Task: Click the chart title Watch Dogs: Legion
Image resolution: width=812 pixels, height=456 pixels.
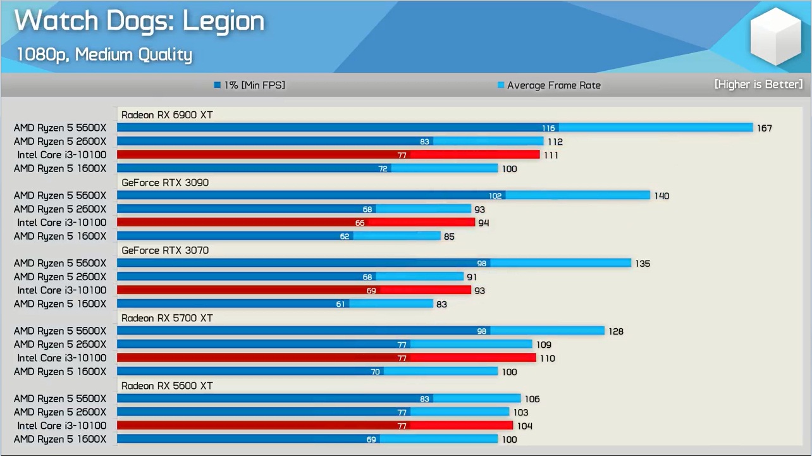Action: pos(139,22)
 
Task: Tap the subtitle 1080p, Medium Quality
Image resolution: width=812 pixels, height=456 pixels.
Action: pos(104,54)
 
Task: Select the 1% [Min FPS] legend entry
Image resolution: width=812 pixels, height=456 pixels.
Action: pos(250,85)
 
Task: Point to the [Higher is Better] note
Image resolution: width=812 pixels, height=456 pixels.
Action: pos(758,84)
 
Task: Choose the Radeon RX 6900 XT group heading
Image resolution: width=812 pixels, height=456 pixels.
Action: pos(167,114)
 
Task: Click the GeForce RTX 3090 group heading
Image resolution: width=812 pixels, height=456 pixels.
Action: pos(165,183)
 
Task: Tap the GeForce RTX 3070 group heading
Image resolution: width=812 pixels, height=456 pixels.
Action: pos(165,250)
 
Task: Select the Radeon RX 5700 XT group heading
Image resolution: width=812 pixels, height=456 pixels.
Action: pos(167,318)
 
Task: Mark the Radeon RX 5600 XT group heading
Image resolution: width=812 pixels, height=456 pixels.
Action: pos(167,386)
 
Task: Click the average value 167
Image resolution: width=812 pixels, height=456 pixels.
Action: pos(764,128)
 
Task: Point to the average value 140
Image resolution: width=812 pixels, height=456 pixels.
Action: pos(661,196)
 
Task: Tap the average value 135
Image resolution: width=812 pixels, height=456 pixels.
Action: pos(643,264)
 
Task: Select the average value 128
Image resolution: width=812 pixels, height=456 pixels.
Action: pos(616,331)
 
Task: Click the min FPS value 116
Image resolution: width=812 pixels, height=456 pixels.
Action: pos(548,128)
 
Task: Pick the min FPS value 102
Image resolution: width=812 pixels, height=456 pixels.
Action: pos(495,196)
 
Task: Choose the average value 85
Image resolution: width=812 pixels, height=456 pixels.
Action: pos(448,237)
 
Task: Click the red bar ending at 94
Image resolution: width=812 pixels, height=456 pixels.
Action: pos(296,223)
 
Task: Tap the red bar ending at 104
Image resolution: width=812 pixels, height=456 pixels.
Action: pos(315,426)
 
